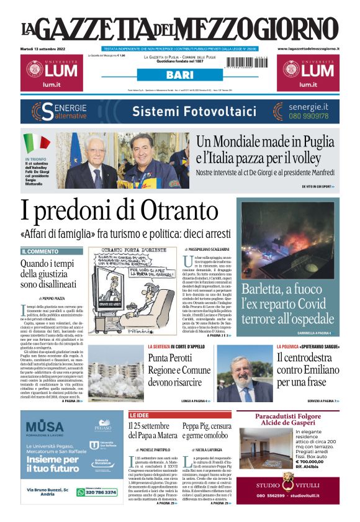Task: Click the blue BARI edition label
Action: [x=179, y=75]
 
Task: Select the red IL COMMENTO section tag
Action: [x=40, y=251]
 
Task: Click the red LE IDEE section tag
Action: [x=141, y=415]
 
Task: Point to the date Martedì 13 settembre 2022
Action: [x=45, y=48]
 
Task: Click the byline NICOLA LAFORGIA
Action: [x=207, y=449]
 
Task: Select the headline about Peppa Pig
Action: [x=207, y=431]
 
